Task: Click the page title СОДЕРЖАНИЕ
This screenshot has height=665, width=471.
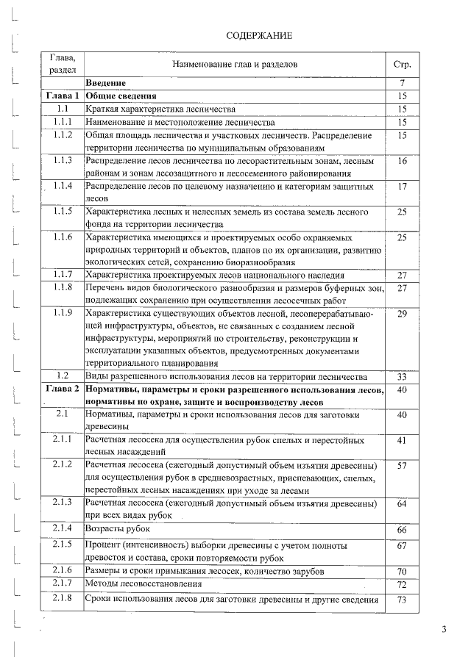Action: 258,35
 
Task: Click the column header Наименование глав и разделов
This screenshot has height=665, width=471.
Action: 235,65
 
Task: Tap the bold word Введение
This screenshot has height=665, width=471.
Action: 106,83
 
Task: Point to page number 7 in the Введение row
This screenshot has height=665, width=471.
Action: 403,83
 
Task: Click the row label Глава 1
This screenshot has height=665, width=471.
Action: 63,96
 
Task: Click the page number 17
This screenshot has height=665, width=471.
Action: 403,187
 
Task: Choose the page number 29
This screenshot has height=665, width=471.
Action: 403,314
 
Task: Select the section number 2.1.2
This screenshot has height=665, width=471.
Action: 63,466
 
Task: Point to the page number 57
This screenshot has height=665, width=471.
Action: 403,466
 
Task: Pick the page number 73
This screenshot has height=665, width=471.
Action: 403,600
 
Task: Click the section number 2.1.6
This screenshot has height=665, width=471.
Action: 63,571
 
